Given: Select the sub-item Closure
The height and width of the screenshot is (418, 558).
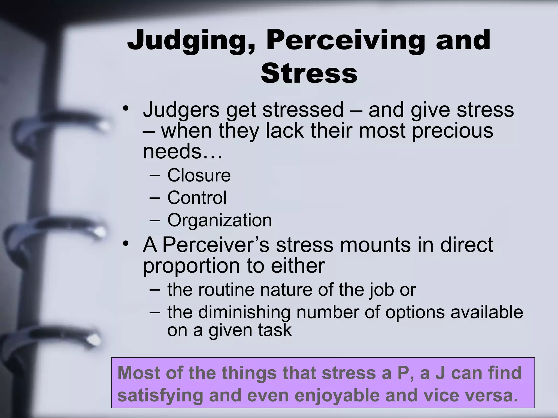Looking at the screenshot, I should click(199, 175).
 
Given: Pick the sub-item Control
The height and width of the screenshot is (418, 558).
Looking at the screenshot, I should click(197, 198).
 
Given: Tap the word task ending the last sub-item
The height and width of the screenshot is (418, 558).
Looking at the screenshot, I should click(275, 330).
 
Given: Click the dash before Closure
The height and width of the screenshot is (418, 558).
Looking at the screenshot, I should click(154, 175).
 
